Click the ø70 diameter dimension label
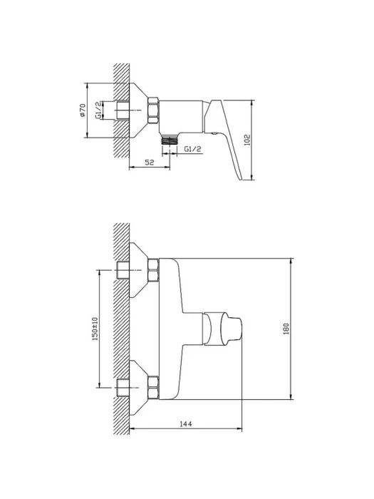pyautogui.click(x=83, y=110)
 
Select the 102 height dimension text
pyautogui.click(x=247, y=140)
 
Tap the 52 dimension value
pyautogui.click(x=150, y=162)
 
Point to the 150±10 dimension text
pyautogui.click(x=95, y=329)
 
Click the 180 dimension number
pyautogui.click(x=286, y=329)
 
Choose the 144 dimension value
pyautogui.click(x=186, y=424)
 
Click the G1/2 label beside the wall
pyautogui.click(x=100, y=110)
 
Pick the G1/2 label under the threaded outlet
pyautogui.click(x=193, y=148)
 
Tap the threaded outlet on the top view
pyautogui.click(x=170, y=140)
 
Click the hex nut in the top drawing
pyautogui.click(x=153, y=110)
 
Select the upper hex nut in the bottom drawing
pyautogui.click(x=153, y=270)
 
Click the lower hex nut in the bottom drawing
pyautogui.click(x=153, y=387)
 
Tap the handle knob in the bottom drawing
pyautogui.click(x=222, y=328)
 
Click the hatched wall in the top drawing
pyautogui.click(x=122, y=110)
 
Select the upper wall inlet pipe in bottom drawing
pyautogui.click(x=123, y=270)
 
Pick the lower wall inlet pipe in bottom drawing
pyautogui.click(x=123, y=387)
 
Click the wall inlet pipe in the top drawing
pyautogui.click(x=123, y=110)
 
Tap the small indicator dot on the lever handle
pyautogui.click(x=214, y=133)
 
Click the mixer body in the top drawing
pyautogui.click(x=181, y=116)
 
